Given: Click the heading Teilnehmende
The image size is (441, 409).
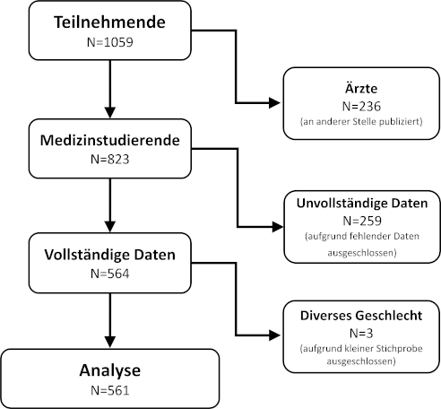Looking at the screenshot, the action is click(109, 22).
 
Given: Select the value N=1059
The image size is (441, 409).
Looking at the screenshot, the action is click(110, 42).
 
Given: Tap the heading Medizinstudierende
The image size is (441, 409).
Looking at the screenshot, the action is click(110, 140).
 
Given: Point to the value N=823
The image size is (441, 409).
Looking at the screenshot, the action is click(110, 160).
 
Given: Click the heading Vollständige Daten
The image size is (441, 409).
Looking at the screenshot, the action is click(110, 255).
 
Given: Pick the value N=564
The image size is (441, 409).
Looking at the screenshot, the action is click(110, 274).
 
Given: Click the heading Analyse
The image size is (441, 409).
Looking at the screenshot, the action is click(110, 370).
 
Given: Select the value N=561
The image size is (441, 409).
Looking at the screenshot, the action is click(110, 390).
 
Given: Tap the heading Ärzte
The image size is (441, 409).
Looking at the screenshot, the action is click(361, 88).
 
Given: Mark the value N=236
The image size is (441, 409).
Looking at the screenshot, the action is click(361, 107).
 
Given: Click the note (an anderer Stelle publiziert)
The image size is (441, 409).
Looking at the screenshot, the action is click(361, 122).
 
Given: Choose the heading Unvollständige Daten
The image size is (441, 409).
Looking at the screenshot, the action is click(362, 203).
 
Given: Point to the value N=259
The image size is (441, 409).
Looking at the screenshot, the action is click(362, 221).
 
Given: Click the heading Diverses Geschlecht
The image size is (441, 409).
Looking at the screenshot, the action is click(361, 316).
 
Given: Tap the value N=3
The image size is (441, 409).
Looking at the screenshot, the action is click(361, 334).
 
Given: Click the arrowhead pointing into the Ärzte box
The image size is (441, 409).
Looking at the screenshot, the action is click(274, 103).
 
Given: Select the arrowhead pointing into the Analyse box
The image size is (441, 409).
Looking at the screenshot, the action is click(110, 342).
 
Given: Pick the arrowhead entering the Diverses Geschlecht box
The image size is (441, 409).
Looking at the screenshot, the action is click(274, 335).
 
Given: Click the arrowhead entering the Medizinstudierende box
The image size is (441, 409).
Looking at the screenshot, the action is click(110, 112).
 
